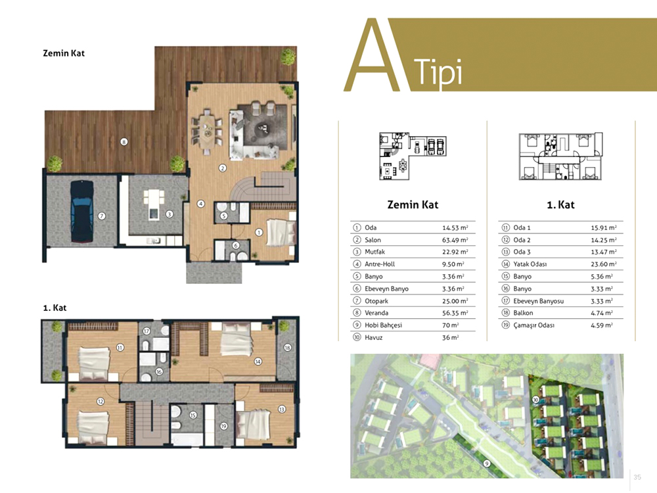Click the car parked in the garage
pyautogui.click(x=81, y=211)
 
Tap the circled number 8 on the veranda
pyautogui.click(x=124, y=142)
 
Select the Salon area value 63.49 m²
pyautogui.click(x=455, y=240)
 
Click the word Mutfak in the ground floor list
pyautogui.click(x=374, y=252)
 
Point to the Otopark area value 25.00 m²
pyautogui.click(x=455, y=300)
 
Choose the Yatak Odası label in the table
pyautogui.click(x=530, y=264)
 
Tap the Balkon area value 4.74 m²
pyautogui.click(x=602, y=313)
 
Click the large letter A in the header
pyautogui.click(x=371, y=55)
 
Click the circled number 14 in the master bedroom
pyautogui.click(x=258, y=362)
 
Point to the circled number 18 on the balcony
pyautogui.click(x=288, y=348)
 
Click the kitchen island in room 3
pyautogui.click(x=154, y=204)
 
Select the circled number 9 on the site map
pyautogui.click(x=487, y=463)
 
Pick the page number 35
pyautogui.click(x=637, y=477)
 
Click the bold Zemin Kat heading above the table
pyautogui.click(x=413, y=204)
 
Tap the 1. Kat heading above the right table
pyautogui.click(x=560, y=204)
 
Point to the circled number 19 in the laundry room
pyautogui.click(x=224, y=427)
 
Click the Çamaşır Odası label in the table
pyautogui.click(x=533, y=325)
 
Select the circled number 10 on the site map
pyautogui.click(x=535, y=400)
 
